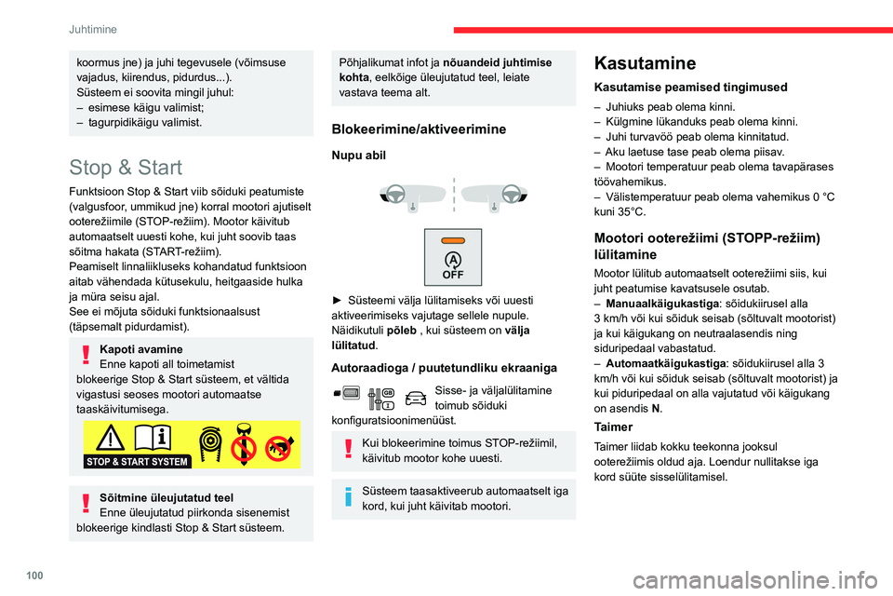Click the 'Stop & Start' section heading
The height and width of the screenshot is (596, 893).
[x=126, y=168]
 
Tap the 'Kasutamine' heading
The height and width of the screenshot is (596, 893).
[x=644, y=63]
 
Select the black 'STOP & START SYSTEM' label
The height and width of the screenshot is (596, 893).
[x=137, y=460]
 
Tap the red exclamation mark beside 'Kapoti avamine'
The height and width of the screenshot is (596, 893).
[x=86, y=357]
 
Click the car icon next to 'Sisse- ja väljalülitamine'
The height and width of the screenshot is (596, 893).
[x=416, y=399]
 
